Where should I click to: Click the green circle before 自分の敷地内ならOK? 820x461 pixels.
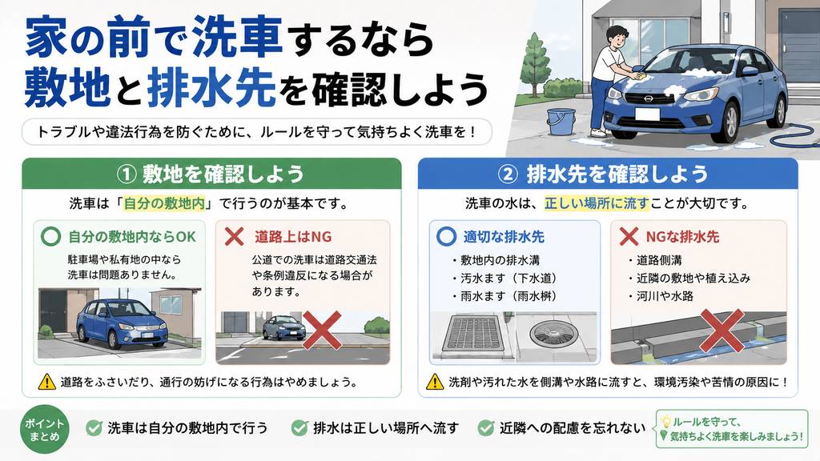point(50,236)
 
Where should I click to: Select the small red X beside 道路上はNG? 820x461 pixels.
point(235,236)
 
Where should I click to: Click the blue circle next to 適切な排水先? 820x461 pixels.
point(446,236)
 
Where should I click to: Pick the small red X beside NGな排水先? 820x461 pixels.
point(629,236)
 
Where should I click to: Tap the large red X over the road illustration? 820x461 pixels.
point(322,331)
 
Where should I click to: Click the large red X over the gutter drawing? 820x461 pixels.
point(722,331)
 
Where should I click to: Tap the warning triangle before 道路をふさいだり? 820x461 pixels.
point(47,382)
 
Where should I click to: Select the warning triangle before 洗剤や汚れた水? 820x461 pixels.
point(435,382)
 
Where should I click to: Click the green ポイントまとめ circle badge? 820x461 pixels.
point(45,429)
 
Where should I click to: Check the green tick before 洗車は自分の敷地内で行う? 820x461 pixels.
point(94,428)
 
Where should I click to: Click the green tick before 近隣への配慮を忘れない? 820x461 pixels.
point(486,428)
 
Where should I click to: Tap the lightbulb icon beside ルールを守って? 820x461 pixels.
point(665,421)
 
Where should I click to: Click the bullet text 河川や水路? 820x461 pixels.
point(665,296)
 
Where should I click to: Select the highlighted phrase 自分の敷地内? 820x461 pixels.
point(164,203)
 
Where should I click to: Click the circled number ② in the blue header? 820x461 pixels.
point(507,174)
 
